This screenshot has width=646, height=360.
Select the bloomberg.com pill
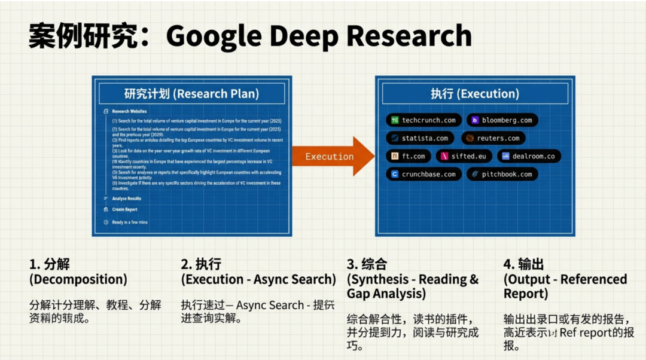(x=502, y=120)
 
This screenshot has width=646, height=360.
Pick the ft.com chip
(x=409, y=156)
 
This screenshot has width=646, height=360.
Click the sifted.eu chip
(x=464, y=156)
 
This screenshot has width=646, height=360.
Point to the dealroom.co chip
(x=529, y=156)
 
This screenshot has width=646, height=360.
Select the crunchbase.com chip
(x=423, y=175)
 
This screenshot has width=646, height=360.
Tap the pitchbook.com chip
(x=502, y=175)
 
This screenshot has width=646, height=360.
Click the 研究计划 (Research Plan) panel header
(x=191, y=94)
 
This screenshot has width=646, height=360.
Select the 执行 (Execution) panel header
(x=475, y=94)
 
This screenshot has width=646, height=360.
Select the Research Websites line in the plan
(x=129, y=111)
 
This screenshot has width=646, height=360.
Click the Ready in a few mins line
(x=129, y=222)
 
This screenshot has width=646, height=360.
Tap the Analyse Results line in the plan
(x=126, y=199)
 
